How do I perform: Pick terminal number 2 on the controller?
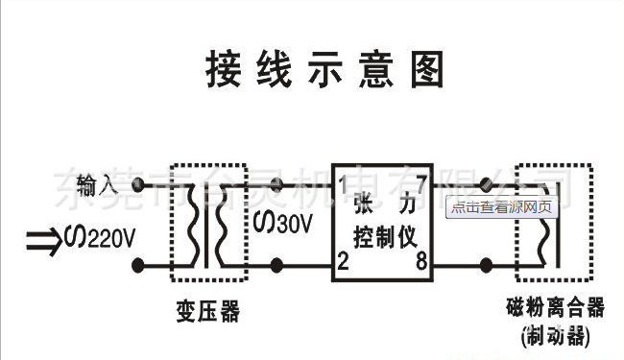coord(343,261)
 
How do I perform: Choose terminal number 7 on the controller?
coord(421,180)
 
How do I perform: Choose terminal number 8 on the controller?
coord(421,261)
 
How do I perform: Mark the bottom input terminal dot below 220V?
coord(142,263)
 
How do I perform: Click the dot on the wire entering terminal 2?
coord(279,263)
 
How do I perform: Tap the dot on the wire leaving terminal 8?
coord(488,263)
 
